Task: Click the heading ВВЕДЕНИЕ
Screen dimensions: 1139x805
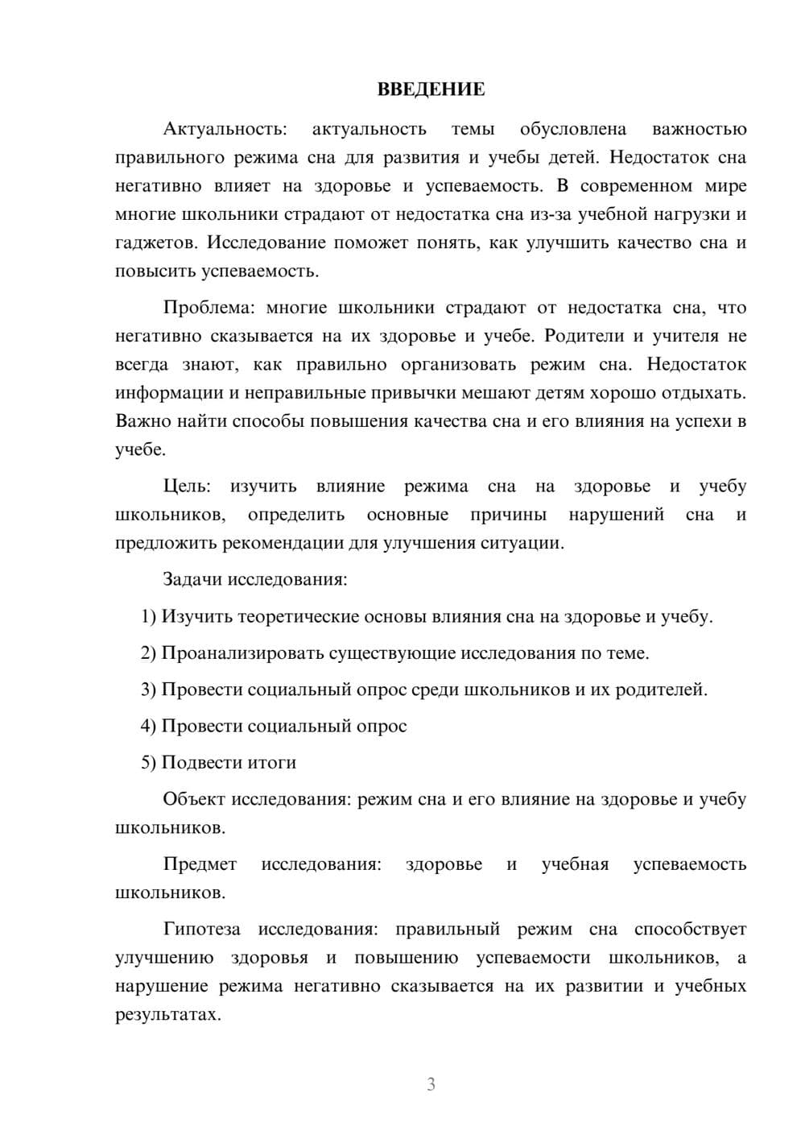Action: tap(431, 89)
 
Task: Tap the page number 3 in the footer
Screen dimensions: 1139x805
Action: tap(431, 1084)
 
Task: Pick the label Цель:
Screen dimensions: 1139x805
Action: tap(187, 487)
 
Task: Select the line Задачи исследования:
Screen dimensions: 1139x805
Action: tap(255, 580)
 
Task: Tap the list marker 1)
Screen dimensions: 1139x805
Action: tap(149, 617)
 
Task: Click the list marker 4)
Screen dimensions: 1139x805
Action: tap(149, 727)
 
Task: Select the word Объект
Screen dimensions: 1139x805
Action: tap(194, 800)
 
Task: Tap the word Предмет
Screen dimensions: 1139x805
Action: tap(200, 864)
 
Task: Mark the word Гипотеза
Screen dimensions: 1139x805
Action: tap(201, 930)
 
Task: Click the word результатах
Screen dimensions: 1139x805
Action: tap(167, 1015)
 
